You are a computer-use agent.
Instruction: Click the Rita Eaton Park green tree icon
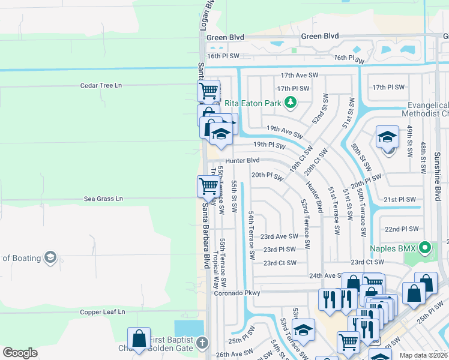click(291, 103)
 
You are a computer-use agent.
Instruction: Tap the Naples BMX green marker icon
click(426, 247)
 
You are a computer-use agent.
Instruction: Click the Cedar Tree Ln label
click(101, 86)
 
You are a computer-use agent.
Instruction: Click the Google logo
click(20, 353)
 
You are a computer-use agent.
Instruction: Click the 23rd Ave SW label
click(279, 237)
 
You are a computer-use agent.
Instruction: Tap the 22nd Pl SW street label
click(400, 229)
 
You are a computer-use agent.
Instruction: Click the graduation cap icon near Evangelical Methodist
click(387, 137)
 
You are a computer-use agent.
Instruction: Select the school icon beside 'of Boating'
click(50, 258)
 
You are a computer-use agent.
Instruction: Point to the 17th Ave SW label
click(298, 76)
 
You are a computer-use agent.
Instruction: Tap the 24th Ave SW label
click(325, 276)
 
